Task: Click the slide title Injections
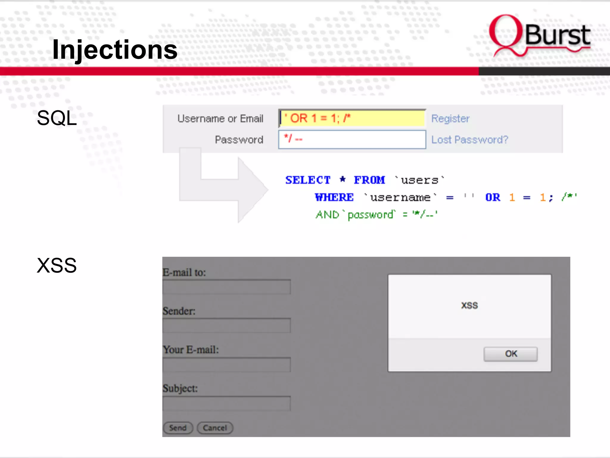(x=115, y=50)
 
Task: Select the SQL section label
(x=57, y=118)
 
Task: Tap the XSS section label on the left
(x=57, y=265)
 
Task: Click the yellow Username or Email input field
(x=352, y=118)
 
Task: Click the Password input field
(x=352, y=140)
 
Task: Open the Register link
(x=450, y=119)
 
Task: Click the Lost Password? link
(x=469, y=140)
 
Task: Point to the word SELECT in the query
(x=308, y=180)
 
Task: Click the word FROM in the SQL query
(x=369, y=180)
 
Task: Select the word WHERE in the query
(x=334, y=197)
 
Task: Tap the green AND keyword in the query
(x=327, y=215)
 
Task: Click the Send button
(x=178, y=428)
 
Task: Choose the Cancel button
(x=215, y=428)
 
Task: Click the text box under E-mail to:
(x=226, y=287)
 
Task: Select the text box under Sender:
(x=226, y=325)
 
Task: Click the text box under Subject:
(x=226, y=403)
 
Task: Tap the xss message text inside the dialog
(x=469, y=305)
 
